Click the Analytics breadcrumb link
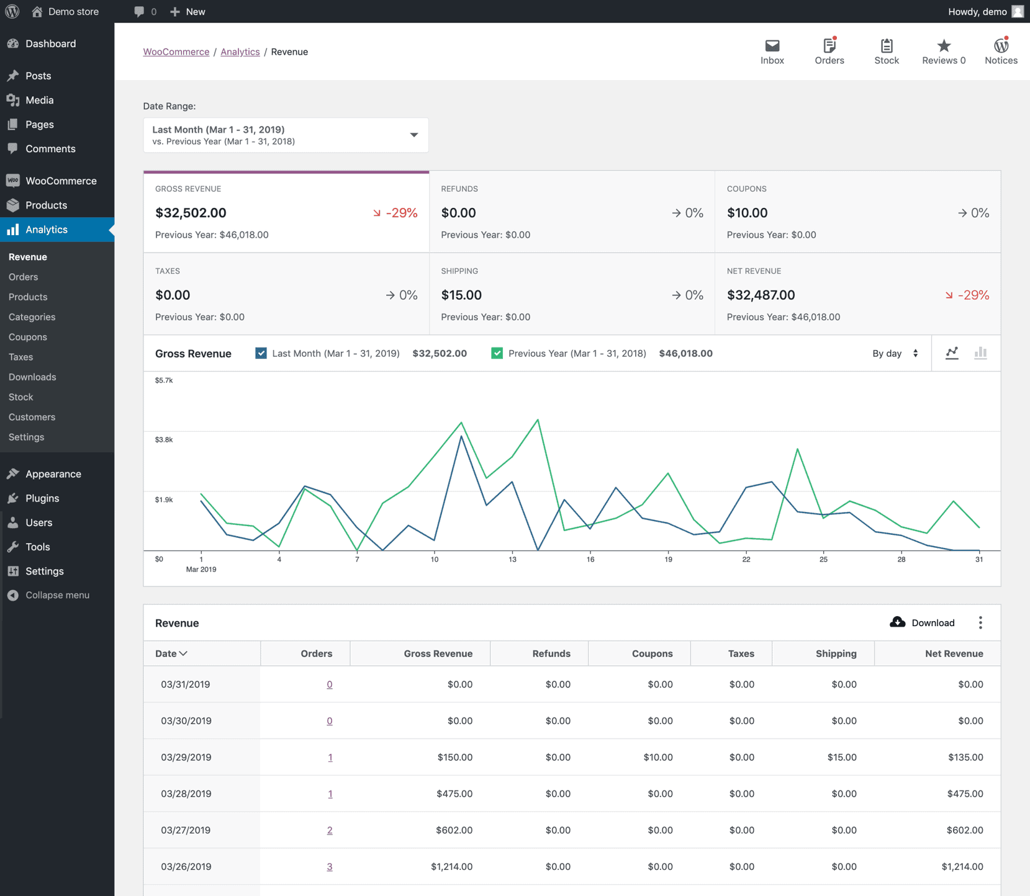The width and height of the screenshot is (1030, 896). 240,52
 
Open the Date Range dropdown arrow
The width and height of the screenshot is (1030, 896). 413,135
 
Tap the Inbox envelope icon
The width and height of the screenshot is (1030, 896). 772,46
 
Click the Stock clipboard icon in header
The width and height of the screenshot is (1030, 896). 886,46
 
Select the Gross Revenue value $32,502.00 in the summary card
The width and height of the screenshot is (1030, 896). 191,213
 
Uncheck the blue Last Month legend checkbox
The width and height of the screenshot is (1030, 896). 261,353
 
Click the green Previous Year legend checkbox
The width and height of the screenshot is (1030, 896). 497,353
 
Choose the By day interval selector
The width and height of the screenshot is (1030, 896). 895,353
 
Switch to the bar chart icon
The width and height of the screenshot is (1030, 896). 980,353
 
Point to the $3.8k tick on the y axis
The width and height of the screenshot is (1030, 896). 164,439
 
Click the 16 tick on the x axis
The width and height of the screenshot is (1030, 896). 590,559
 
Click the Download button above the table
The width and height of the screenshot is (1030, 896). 922,622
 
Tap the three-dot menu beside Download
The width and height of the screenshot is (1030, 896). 980,622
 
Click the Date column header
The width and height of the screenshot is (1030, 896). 171,653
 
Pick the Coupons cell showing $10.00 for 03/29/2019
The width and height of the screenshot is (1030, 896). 657,757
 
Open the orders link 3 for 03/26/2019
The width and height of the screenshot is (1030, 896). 330,866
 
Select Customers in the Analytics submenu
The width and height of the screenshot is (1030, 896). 32,417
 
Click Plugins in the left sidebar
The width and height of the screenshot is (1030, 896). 42,498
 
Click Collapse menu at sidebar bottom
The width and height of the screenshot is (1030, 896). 57,595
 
